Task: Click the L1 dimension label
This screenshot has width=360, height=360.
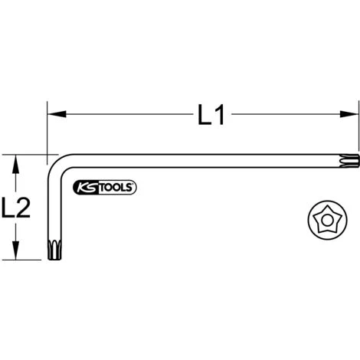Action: (211, 115)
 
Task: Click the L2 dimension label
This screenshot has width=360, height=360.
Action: (16, 208)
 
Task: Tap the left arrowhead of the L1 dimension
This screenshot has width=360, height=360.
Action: (57, 114)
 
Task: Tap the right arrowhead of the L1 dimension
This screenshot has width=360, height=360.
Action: (349, 114)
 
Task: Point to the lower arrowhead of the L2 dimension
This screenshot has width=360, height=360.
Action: (16, 250)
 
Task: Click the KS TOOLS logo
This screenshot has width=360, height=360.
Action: (105, 188)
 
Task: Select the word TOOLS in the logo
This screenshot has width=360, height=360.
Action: (116, 188)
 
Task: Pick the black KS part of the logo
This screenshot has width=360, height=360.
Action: (87, 188)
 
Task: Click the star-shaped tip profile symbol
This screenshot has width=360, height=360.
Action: (327, 220)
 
